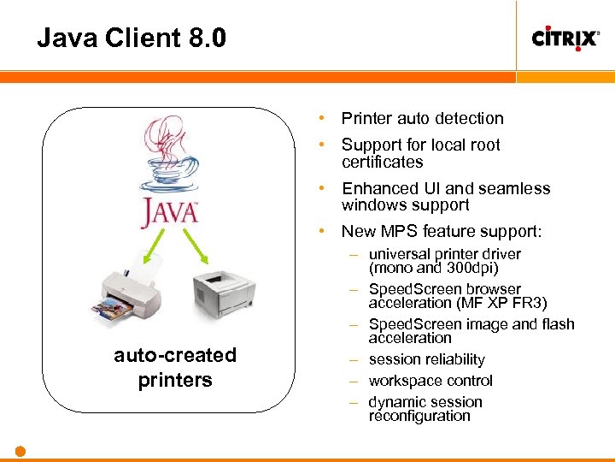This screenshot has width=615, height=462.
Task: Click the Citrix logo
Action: click(565, 38)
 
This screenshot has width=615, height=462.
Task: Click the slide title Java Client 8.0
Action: click(132, 38)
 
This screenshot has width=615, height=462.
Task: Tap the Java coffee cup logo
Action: click(172, 172)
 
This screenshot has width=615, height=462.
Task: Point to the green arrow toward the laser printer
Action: click(198, 249)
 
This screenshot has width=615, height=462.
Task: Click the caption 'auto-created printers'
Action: click(175, 367)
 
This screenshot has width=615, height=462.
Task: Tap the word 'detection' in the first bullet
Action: click(466, 118)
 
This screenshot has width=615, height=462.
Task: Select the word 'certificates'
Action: click(382, 162)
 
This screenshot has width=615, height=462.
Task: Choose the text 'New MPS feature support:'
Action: click(441, 231)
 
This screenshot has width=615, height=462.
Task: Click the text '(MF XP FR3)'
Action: click(501, 303)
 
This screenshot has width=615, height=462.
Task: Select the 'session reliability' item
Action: click(426, 359)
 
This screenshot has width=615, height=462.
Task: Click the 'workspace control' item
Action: click(430, 381)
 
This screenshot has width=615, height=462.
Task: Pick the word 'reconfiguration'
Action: click(419, 416)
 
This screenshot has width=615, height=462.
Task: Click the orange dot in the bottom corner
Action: click(20, 451)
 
